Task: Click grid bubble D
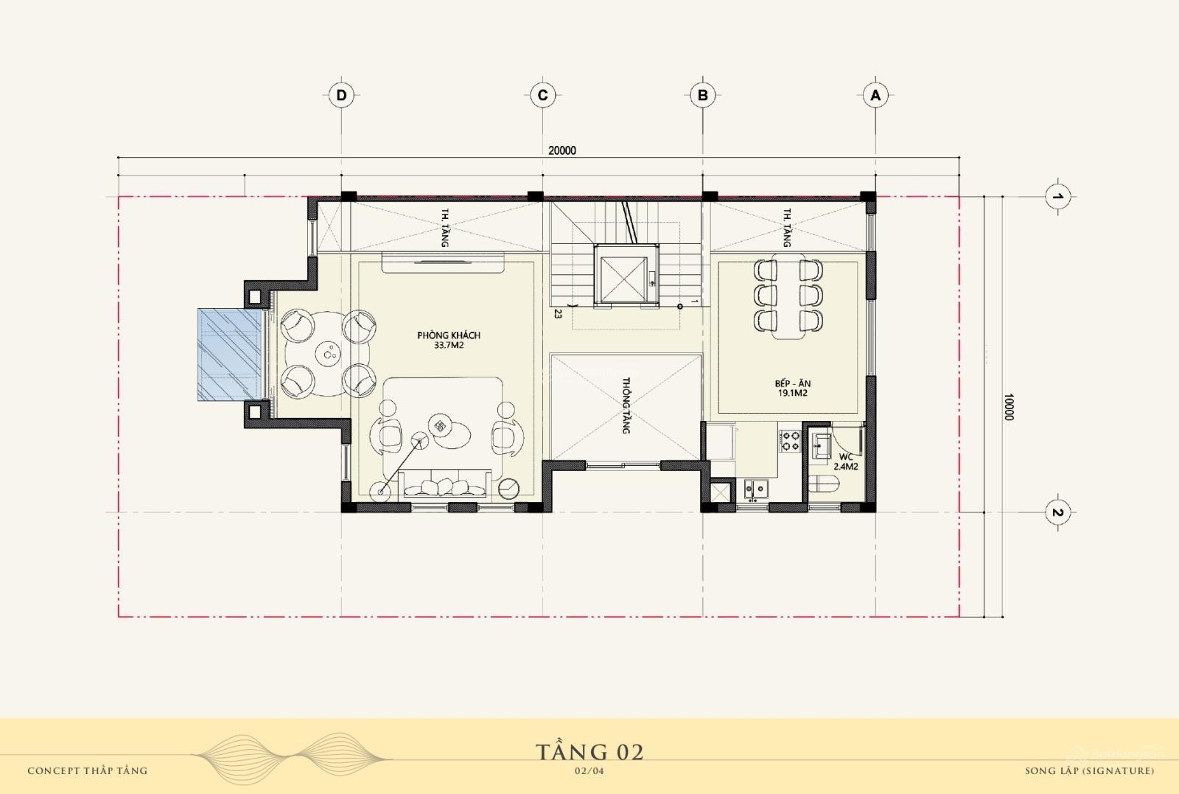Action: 342,95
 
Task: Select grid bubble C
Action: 542,95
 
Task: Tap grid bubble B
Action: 703,95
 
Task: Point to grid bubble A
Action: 875,95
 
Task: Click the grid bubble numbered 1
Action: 1057,196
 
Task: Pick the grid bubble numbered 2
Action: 1057,512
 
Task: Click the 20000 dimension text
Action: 562,150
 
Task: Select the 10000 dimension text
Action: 1009,407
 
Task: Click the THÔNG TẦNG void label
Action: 626,405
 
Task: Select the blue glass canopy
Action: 229,355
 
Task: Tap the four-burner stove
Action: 789,441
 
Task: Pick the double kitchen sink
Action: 756,489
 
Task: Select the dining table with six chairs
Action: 788,296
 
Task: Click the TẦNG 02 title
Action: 589,753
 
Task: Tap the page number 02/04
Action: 589,771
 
